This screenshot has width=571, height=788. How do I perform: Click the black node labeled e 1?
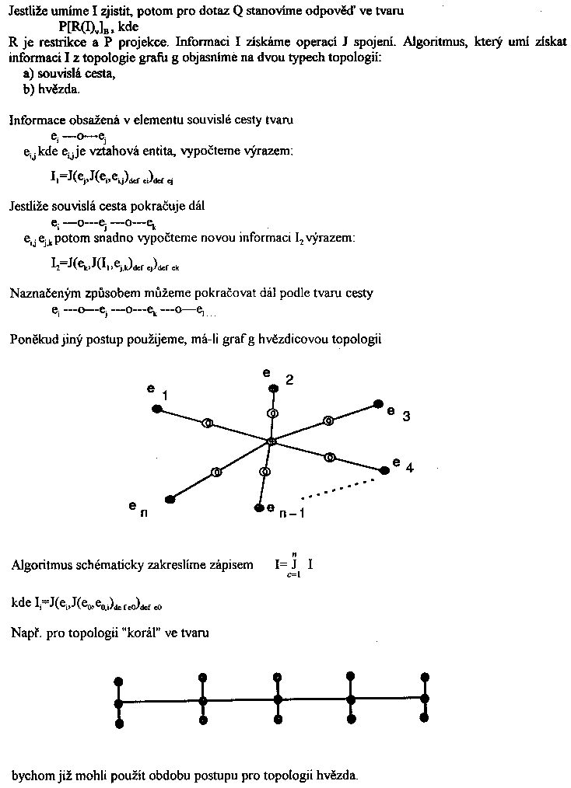157,408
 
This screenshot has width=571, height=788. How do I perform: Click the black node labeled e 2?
273,389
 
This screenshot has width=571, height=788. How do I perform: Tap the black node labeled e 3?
378,403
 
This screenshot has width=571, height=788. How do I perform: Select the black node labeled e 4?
384,470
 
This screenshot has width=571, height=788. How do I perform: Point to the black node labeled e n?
169,500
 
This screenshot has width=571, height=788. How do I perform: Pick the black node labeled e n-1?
258,508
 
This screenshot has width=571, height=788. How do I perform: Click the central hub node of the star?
271,442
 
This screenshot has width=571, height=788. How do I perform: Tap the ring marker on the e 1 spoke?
207,424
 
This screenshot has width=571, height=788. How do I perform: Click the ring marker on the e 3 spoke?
328,420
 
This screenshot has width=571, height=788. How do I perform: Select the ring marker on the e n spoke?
217,472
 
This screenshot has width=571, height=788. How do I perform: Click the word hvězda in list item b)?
58,89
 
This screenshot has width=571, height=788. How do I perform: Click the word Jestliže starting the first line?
30,12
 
